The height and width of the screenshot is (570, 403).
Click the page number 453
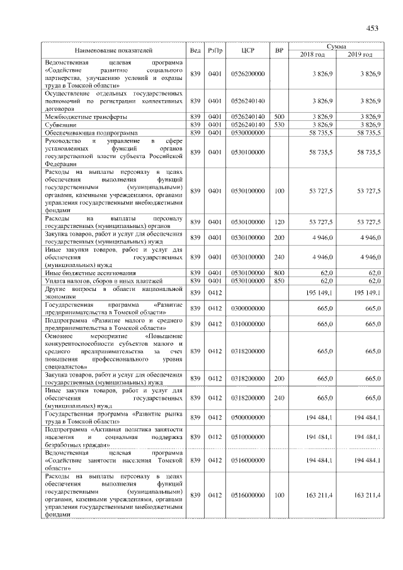click(x=372, y=28)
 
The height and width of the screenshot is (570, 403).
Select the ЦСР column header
click(x=247, y=50)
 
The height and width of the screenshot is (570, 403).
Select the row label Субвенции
click(x=62, y=125)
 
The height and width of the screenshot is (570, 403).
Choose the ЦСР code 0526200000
click(x=247, y=74)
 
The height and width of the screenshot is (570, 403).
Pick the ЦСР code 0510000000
click(x=247, y=437)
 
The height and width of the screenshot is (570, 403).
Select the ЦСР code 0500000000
click(x=247, y=418)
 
